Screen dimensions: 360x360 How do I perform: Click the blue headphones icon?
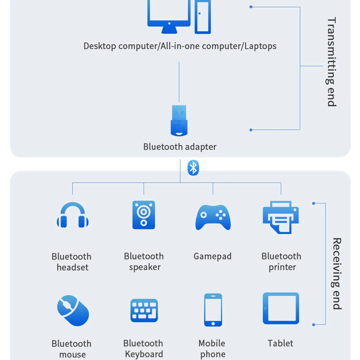(72, 215)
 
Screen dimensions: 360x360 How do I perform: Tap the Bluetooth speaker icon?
(144, 215)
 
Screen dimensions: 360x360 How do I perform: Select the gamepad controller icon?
(213, 217)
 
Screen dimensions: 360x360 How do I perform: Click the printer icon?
(281, 217)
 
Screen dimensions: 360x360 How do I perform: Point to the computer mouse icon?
(73, 310)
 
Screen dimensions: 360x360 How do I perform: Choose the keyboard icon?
(144, 310)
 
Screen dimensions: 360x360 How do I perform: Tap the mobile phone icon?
(213, 310)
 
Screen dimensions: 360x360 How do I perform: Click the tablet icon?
(281, 308)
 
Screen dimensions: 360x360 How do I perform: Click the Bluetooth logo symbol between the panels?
(193, 168)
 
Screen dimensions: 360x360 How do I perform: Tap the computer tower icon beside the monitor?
(203, 16)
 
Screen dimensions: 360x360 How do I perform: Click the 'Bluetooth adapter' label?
(180, 147)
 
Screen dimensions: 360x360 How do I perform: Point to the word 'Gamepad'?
(212, 256)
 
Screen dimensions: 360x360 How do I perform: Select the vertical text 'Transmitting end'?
(331, 62)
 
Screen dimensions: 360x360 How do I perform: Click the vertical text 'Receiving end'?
(336, 274)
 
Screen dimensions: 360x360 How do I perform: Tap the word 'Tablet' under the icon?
(280, 343)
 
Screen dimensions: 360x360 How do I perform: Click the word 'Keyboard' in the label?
(144, 354)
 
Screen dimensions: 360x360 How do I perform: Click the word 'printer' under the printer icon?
(282, 267)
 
